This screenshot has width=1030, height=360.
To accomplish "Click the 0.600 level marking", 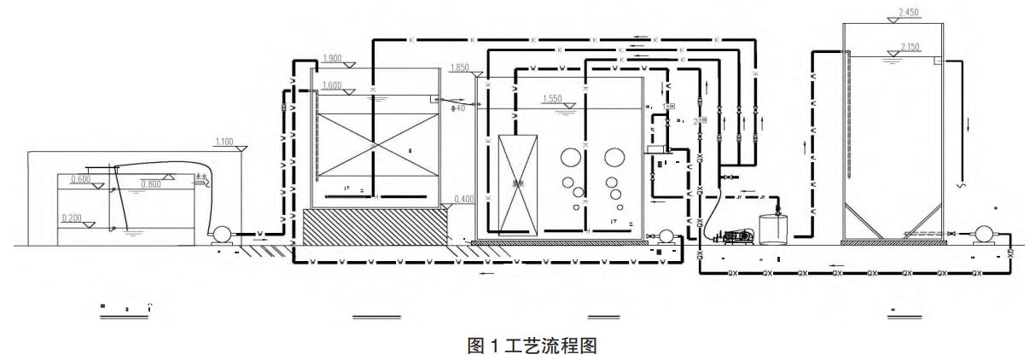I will [80, 179].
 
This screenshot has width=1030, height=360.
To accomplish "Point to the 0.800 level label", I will [150, 183].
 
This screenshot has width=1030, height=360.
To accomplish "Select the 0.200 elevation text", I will [73, 218].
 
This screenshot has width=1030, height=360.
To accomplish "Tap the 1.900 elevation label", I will [333, 59].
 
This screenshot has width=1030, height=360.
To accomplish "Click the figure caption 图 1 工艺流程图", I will [515, 346].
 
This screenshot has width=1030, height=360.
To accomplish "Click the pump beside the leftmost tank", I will [222, 232].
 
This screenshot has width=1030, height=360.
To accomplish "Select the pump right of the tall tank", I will [981, 232].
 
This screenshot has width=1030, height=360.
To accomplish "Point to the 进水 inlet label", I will [201, 178].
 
